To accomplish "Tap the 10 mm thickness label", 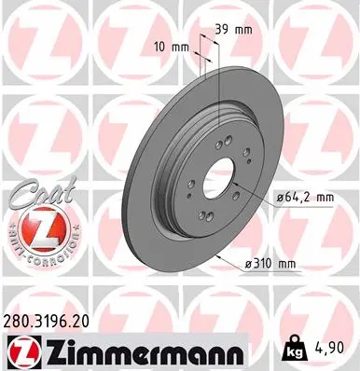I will point(173,47).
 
